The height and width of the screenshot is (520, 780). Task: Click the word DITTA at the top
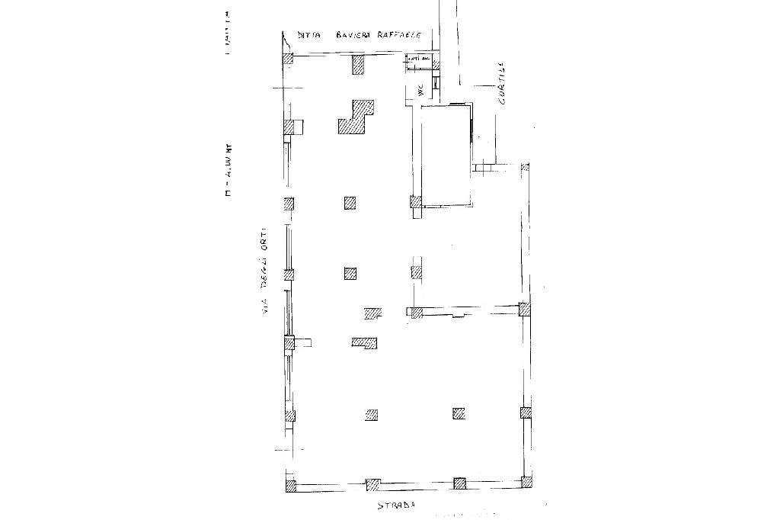click(310, 36)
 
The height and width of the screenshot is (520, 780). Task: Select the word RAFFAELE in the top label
click(404, 35)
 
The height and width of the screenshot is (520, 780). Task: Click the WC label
click(420, 89)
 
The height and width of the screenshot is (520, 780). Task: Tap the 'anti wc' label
click(417, 59)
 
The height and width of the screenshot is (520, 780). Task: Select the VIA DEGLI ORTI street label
click(264, 271)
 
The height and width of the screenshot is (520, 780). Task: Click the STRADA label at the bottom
click(400, 506)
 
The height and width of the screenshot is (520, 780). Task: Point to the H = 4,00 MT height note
click(226, 171)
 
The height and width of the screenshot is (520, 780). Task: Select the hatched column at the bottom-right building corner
click(525, 482)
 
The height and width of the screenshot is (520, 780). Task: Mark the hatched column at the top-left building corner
click(288, 59)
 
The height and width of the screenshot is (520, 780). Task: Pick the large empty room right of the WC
click(446, 156)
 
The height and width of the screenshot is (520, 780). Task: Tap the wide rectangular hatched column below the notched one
click(365, 342)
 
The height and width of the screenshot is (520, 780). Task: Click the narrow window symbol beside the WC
click(436, 84)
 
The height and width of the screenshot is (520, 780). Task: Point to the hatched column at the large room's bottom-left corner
click(416, 203)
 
